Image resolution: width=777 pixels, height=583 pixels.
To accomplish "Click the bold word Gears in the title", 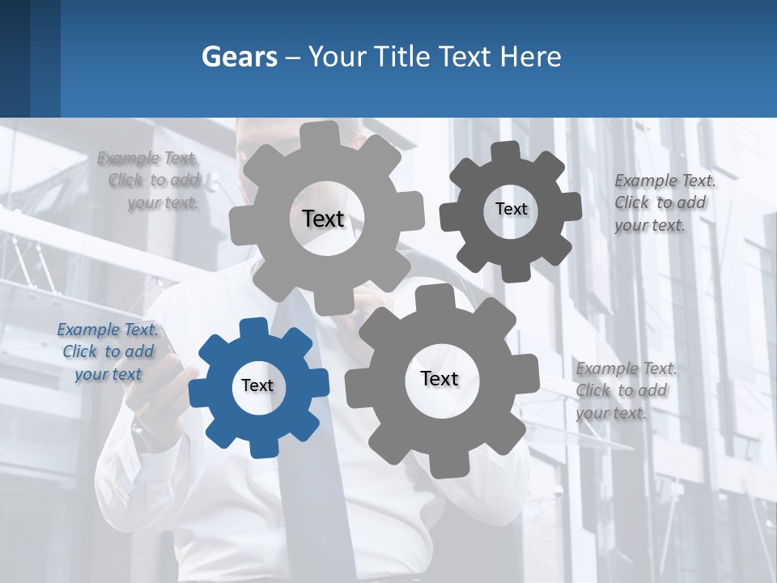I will [239, 57].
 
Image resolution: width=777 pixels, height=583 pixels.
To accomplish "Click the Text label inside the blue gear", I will [257, 385].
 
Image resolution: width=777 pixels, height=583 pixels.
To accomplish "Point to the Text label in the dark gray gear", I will [511, 209].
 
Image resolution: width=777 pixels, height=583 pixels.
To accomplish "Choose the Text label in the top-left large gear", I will [323, 219].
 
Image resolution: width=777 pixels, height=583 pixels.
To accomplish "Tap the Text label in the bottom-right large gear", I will [439, 378].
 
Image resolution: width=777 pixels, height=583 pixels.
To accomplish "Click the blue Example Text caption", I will [108, 352].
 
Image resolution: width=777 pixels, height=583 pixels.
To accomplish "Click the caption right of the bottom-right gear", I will [625, 390].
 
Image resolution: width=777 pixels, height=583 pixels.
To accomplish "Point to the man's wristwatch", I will [146, 436].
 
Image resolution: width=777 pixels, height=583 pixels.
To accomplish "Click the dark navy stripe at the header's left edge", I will [15, 58].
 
